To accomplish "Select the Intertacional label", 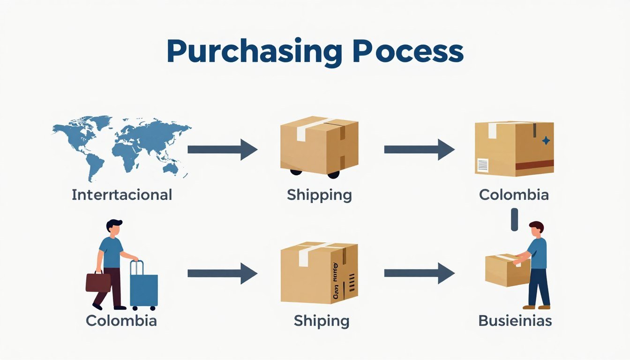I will (122, 195).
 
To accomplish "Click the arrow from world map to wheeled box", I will (222, 150).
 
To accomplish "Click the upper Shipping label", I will (319, 195).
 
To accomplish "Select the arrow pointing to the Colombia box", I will (419, 150).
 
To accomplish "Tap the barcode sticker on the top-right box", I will (482, 165).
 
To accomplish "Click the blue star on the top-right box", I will (546, 140).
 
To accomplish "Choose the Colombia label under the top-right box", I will (514, 195).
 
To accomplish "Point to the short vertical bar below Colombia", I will (515, 220).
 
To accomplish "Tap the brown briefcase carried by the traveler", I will (98, 281).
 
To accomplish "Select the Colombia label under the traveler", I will (121, 321).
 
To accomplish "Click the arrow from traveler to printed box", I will (222, 273).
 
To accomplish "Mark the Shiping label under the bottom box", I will (321, 321).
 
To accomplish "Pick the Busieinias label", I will (515, 321).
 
